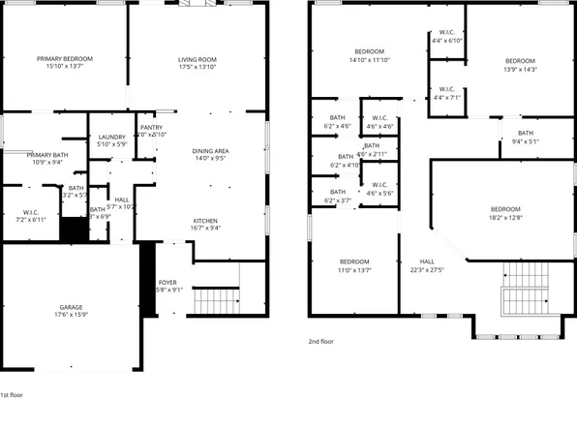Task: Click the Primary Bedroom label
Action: pos(63,59)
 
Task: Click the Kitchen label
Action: pos(204,221)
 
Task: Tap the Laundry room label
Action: pos(111,137)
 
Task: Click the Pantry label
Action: pos(151,127)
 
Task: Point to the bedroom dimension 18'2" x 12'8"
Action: pos(504,218)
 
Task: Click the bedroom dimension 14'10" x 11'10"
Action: pos(369,60)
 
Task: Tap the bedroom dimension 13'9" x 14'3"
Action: pos(520,69)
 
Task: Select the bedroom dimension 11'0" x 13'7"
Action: pos(354,270)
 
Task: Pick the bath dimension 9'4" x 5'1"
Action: pos(525,141)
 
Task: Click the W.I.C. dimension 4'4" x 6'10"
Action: pos(448,41)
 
